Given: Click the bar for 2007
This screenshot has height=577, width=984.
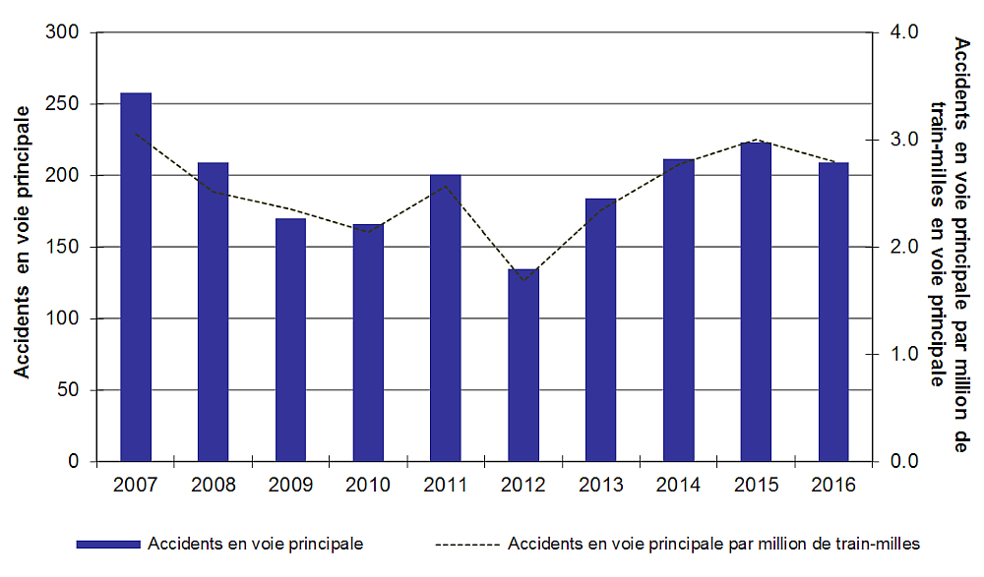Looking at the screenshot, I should pos(136,277).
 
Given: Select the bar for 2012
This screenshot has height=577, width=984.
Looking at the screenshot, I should pos(523,365).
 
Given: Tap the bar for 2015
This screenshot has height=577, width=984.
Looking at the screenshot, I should pos(757,302).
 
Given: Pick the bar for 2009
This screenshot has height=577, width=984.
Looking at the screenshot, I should pos(290,339).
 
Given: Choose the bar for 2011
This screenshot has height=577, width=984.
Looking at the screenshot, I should pos(446,317).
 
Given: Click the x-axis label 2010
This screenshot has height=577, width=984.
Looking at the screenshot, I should pos(368,485).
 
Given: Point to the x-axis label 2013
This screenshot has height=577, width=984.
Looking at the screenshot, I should pos(601,485).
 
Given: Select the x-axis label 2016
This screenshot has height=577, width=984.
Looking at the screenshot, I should pos(833,485).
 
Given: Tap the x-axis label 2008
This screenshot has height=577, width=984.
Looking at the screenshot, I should pos(213,485).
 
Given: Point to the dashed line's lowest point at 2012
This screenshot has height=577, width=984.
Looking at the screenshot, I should pos(523,280).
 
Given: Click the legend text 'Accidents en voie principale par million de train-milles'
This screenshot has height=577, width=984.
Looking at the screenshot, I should pos(714,544).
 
